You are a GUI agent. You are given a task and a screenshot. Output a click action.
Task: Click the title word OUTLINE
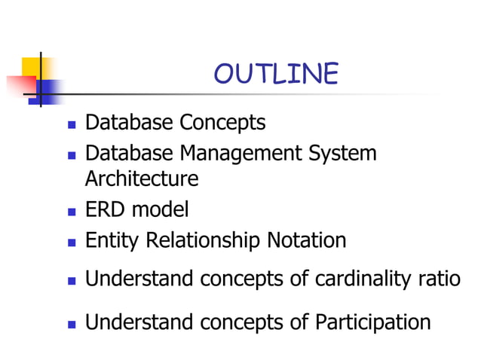coord(276,74)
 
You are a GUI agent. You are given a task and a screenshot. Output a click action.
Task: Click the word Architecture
coord(142,179)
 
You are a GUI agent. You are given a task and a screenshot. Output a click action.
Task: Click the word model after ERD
coord(161,209)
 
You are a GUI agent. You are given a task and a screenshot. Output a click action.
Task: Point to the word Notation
coord(307,241)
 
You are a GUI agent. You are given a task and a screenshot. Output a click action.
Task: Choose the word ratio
coord(443,279)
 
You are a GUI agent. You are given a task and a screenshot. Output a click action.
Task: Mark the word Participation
coord(372,322)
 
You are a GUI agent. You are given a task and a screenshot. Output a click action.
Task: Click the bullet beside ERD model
coord(72,211)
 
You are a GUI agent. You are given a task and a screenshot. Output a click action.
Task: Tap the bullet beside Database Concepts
coord(72,123)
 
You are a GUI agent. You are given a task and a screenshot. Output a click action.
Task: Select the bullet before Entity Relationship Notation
coord(72,243)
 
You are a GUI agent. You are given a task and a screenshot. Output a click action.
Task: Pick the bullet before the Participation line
coord(72,324)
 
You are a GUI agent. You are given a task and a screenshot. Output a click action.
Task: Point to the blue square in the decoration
coord(50,92)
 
